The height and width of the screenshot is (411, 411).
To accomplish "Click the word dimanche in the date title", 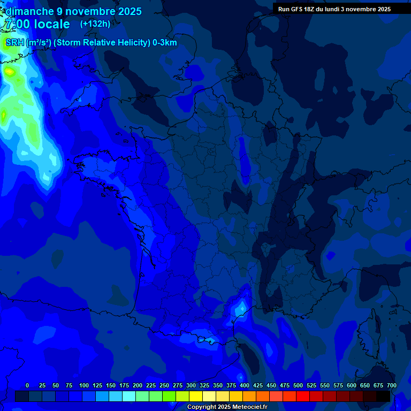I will (x=30, y=11).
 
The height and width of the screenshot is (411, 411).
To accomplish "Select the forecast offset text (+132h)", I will (x=95, y=24).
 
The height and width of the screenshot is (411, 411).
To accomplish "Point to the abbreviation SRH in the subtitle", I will (x=14, y=42).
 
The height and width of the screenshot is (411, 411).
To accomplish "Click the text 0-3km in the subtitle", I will (x=165, y=42).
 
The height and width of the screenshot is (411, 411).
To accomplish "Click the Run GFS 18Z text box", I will (x=334, y=9).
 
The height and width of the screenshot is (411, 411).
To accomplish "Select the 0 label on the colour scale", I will (x=27, y=385).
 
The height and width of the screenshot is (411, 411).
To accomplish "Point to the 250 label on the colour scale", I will (x=164, y=385).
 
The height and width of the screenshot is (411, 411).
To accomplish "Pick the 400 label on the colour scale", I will (x=245, y=385).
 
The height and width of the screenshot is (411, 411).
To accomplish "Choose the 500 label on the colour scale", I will (x=298, y=385).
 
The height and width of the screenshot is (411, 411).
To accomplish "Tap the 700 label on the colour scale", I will (x=392, y=385).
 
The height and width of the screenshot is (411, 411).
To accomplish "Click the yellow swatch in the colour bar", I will (x=196, y=396).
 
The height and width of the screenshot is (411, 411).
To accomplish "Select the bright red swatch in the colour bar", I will (x=303, y=396).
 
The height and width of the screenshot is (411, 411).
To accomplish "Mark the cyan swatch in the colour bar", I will (x=129, y=396).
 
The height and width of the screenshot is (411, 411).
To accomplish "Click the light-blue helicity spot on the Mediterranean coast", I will (x=240, y=309).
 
